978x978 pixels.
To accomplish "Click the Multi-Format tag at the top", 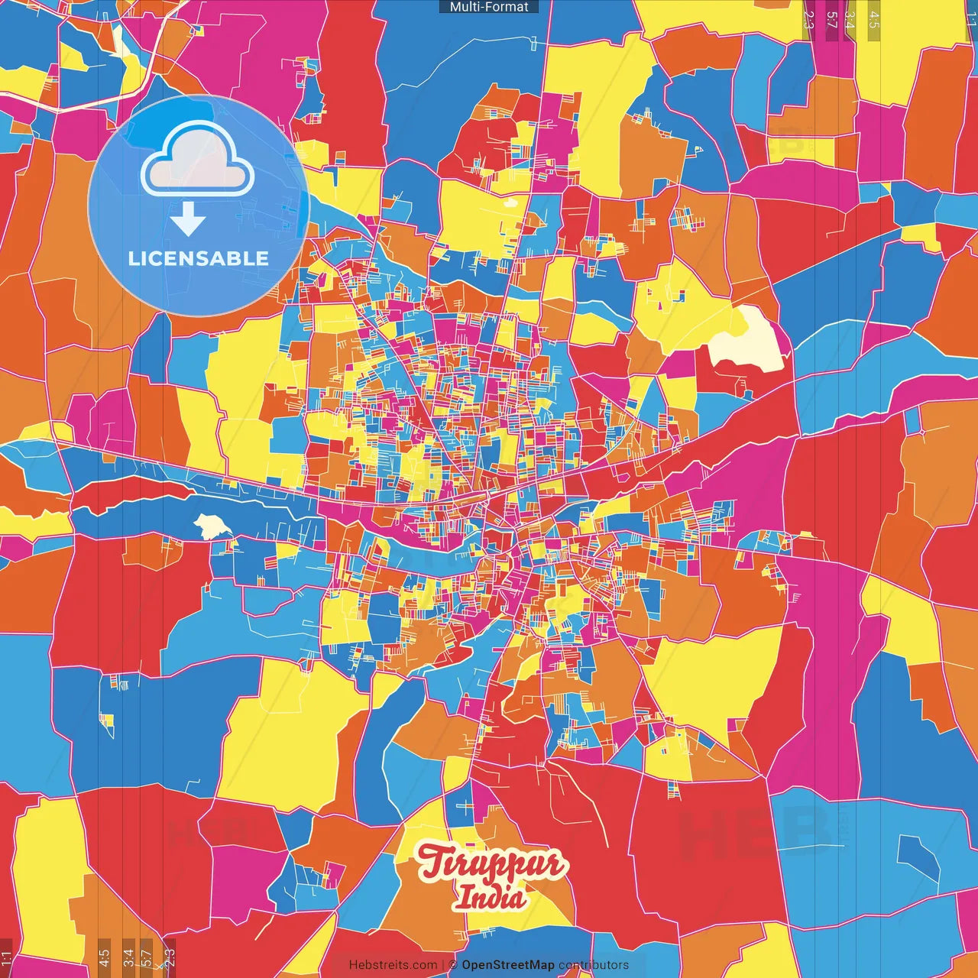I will pos(489,7).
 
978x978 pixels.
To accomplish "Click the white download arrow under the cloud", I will pos(188,219).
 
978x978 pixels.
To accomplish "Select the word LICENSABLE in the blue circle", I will pos(198,258).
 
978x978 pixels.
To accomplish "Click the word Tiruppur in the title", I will pos(491,863).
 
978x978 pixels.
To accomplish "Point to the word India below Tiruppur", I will pos(490,897).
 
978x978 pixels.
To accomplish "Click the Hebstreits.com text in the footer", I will pos(393,965).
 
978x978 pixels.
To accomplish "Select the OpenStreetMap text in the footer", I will pos(507,965).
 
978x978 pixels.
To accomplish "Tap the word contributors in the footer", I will pos(594,965).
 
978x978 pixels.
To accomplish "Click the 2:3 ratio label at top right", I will pos(808,20).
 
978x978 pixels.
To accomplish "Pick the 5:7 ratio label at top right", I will pos(832,20).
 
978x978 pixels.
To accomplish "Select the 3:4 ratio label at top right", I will pos(850,20).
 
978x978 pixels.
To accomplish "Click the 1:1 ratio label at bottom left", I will pos(6,958).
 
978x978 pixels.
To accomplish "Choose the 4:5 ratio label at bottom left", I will pos(104,958).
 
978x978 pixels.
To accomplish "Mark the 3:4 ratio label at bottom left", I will pos(128,958).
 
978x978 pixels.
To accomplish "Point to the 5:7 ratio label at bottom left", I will pos(147,958).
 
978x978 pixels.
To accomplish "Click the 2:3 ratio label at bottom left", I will pos(170,958).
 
